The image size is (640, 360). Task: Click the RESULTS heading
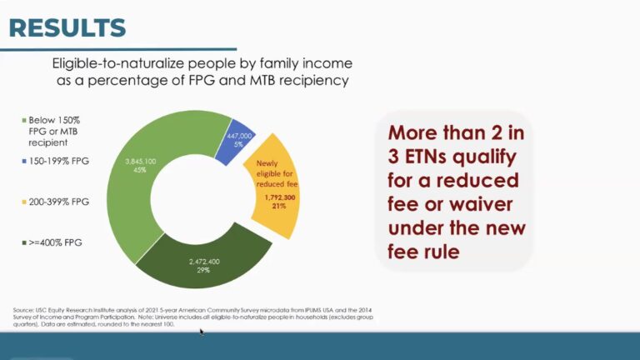pyautogui.click(x=67, y=27)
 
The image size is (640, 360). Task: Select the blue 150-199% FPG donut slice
pyautogui.click(x=236, y=141)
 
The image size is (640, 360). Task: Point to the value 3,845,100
pyautogui.click(x=140, y=162)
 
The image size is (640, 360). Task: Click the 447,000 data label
pyautogui.click(x=239, y=136)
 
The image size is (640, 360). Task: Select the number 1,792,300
pyautogui.click(x=280, y=197)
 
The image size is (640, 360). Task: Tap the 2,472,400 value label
pyautogui.click(x=204, y=262)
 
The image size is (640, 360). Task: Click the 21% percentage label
pyautogui.click(x=279, y=206)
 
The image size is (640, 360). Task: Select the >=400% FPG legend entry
pyautogui.click(x=52, y=242)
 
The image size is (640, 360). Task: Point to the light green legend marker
pyautogui.click(x=24, y=120)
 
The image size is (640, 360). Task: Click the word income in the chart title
pyautogui.click(x=327, y=63)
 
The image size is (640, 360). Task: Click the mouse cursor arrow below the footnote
pyautogui.click(x=202, y=332)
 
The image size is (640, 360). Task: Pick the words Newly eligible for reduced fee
pyautogui.click(x=277, y=174)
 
